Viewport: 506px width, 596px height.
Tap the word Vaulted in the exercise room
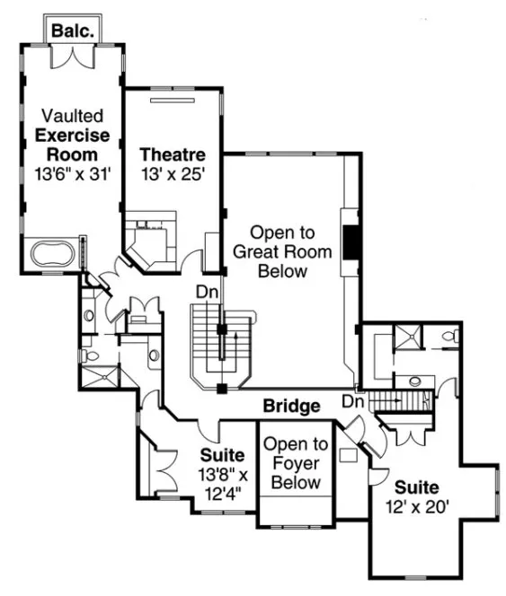(x=72, y=116)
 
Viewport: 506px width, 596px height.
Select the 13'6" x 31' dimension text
(x=72, y=173)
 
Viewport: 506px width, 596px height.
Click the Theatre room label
(x=173, y=154)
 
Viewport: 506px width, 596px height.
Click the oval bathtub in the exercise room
(x=50, y=253)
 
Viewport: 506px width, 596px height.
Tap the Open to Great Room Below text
(x=282, y=250)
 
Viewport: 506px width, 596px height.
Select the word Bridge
(x=291, y=407)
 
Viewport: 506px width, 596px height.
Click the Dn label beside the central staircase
(x=207, y=293)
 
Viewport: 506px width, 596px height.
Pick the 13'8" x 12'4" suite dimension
(x=222, y=482)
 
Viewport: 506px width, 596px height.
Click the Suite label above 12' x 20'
(x=418, y=487)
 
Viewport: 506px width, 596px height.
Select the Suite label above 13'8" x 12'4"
(x=222, y=456)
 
